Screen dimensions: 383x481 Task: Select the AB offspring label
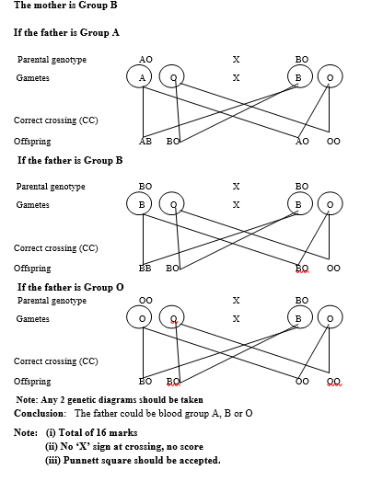click(145, 142)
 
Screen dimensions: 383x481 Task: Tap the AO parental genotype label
click(145, 59)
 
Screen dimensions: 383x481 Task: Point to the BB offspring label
click(145, 269)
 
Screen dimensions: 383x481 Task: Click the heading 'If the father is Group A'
click(66, 32)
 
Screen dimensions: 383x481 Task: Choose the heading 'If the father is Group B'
click(70, 160)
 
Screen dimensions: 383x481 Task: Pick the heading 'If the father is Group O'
click(71, 287)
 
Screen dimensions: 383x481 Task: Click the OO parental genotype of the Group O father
click(145, 301)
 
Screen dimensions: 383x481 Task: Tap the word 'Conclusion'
click(39, 413)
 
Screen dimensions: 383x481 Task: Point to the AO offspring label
click(302, 142)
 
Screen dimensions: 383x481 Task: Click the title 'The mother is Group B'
click(65, 5)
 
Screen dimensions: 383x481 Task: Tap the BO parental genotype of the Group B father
click(145, 187)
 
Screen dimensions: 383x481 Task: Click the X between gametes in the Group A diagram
click(236, 78)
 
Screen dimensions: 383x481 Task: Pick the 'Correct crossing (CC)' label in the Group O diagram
click(56, 361)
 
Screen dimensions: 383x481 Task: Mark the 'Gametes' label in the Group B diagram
click(32, 204)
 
